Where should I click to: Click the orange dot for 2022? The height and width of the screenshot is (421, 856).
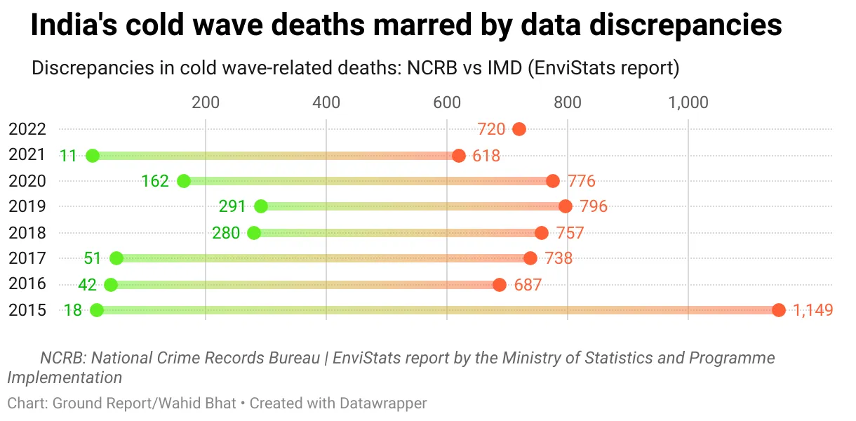pyautogui.click(x=519, y=129)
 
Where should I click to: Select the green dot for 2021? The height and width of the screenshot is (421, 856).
pyautogui.click(x=92, y=155)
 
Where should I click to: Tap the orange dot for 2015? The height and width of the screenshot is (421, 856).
pyautogui.click(x=778, y=310)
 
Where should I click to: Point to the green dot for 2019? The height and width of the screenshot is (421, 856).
pyautogui.click(x=261, y=206)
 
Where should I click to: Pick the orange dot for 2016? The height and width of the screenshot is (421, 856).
pyautogui.click(x=500, y=284)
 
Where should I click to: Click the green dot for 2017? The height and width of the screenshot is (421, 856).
pyautogui.click(x=116, y=258)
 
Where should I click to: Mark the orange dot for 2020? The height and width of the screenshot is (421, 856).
pyautogui.click(x=553, y=181)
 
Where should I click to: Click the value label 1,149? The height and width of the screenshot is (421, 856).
pyautogui.click(x=812, y=310)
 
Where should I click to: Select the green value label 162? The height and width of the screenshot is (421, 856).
pyautogui.click(x=154, y=181)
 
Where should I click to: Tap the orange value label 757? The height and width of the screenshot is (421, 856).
pyautogui.click(x=570, y=233)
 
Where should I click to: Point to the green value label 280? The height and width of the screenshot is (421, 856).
pyautogui.click(x=226, y=233)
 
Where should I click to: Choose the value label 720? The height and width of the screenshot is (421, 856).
pyautogui.click(x=491, y=129)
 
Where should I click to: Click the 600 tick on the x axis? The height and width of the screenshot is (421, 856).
pyautogui.click(x=447, y=102)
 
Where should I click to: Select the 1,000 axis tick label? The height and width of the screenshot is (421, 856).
pyautogui.click(x=688, y=102)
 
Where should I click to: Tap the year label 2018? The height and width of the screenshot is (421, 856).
pyautogui.click(x=27, y=233)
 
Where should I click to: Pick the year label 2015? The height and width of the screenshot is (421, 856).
pyautogui.click(x=27, y=310)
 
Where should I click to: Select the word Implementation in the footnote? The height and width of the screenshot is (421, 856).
pyautogui.click(x=65, y=377)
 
